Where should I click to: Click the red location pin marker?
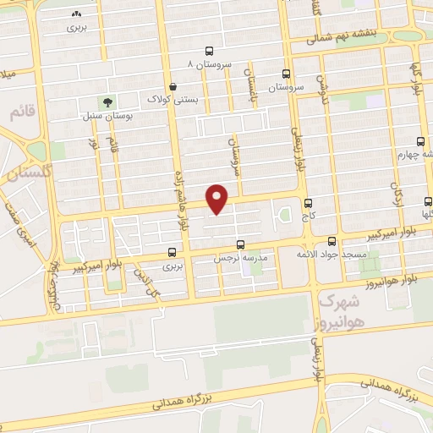coord(217,197)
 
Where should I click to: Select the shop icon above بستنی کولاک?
coord(173,86)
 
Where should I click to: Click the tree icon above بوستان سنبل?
coord(107,102)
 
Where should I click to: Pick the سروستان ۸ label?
coord(210,63)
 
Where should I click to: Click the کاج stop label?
coord(306,216)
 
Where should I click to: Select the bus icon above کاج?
coord(307,203)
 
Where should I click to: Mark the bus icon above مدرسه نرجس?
coord(241,243)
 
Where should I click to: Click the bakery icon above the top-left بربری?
coord(78,14)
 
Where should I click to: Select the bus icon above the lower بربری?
coord(173,252)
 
